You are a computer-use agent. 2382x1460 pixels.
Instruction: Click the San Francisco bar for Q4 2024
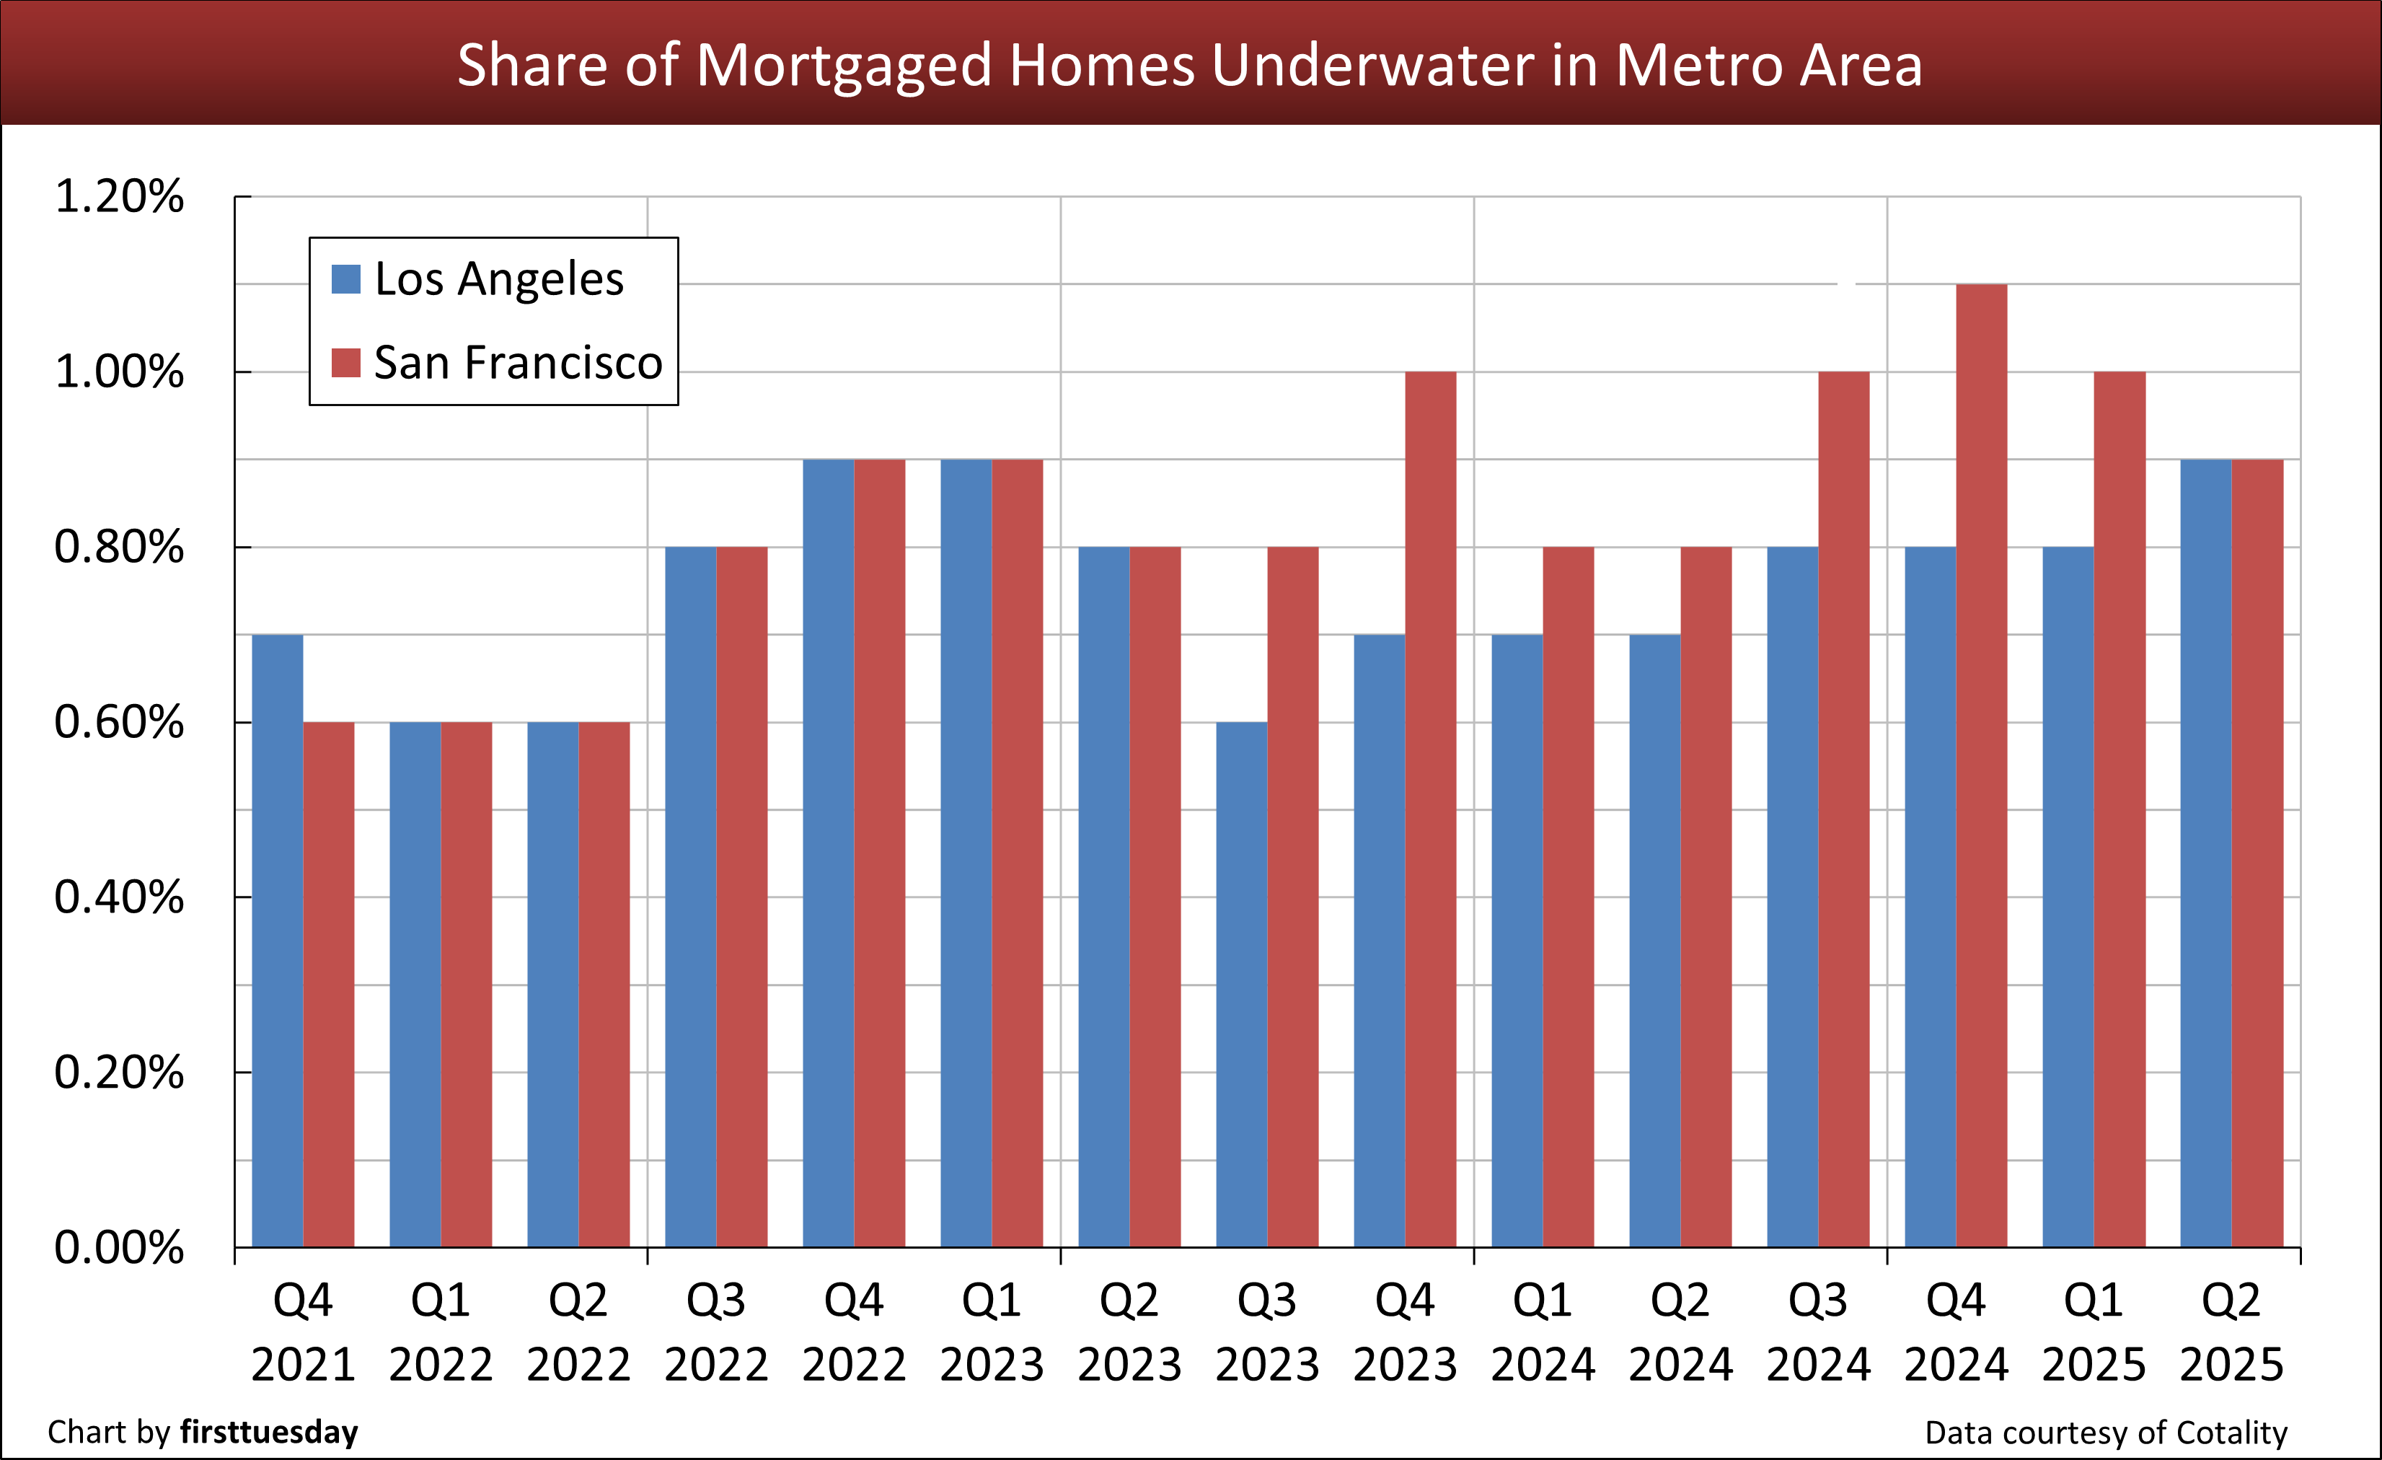point(1981,765)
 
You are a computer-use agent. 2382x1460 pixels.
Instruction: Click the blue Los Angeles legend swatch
point(346,279)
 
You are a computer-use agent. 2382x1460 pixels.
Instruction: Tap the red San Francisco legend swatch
point(346,363)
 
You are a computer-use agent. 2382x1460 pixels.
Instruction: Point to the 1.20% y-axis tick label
point(119,196)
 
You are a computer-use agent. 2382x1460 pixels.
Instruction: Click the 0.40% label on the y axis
point(119,897)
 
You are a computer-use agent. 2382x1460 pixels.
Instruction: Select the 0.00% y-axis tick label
point(119,1247)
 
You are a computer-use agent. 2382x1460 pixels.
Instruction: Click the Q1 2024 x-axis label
point(1542,1332)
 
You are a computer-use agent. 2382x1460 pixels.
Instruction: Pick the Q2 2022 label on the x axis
point(578,1332)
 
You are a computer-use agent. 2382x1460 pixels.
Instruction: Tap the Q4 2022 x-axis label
point(854,1332)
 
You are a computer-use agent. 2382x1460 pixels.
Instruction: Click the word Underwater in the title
point(1372,65)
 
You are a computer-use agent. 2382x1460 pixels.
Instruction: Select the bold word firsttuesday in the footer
point(269,1432)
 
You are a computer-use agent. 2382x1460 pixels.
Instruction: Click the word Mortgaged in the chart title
point(844,65)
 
